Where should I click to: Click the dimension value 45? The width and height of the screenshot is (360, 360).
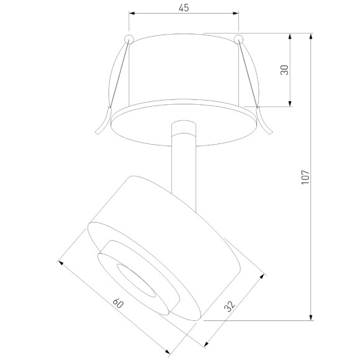[x=183, y=8]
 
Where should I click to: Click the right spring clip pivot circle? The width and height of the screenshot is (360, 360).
[x=238, y=40]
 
